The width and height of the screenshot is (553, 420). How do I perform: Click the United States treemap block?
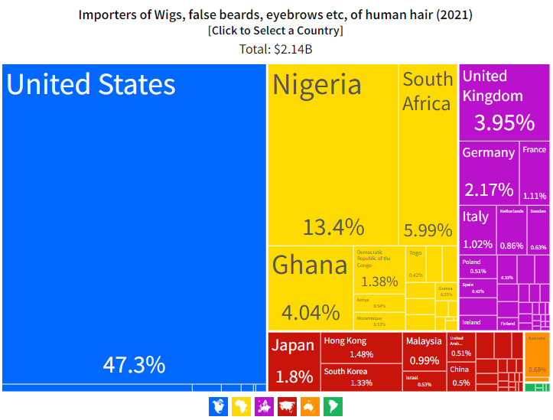(134, 222)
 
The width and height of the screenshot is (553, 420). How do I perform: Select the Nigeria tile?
(333, 153)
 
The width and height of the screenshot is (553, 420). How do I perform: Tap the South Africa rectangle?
(428, 153)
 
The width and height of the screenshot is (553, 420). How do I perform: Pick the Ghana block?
(310, 287)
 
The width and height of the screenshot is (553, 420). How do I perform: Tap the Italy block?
(477, 230)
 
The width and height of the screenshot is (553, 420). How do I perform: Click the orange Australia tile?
(537, 356)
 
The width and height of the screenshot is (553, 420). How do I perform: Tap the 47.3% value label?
(134, 364)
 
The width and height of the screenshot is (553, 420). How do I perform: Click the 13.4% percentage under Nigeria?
(333, 227)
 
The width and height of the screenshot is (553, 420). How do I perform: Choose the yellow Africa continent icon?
(241, 406)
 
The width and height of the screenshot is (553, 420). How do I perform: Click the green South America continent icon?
(333, 406)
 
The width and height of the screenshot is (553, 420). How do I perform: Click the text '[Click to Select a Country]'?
(275, 31)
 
